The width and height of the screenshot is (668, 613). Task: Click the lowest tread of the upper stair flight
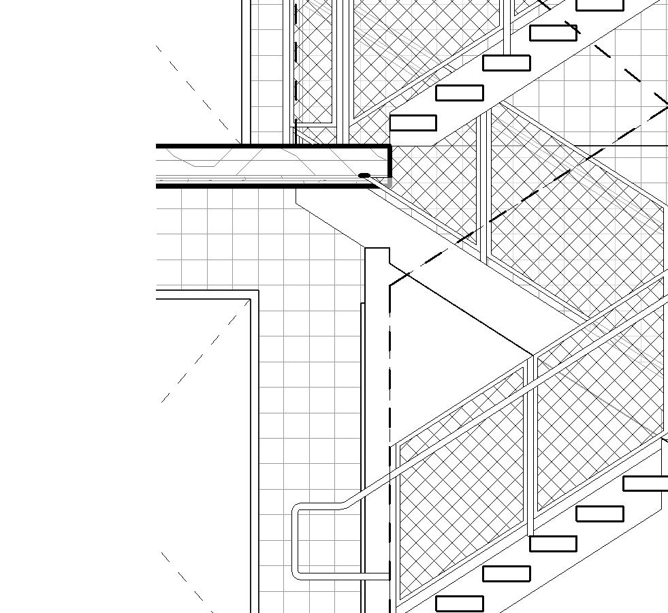pyautogui.click(x=413, y=123)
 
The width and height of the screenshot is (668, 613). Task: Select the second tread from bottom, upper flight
pyautogui.click(x=459, y=93)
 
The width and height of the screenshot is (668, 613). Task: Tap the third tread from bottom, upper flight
pyautogui.click(x=506, y=63)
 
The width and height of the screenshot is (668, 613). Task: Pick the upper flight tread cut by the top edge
pyautogui.click(x=599, y=5)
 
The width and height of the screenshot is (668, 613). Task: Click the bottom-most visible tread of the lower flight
pyautogui.click(x=459, y=603)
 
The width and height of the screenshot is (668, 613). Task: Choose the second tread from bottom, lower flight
pyautogui.click(x=506, y=573)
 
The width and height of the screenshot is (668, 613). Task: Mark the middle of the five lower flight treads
pyautogui.click(x=553, y=544)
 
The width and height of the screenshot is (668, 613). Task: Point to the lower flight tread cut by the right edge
pyautogui.click(x=646, y=484)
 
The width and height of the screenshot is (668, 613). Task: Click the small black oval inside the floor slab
pyautogui.click(x=364, y=176)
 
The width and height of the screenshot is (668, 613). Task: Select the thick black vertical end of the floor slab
pyautogui.click(x=389, y=161)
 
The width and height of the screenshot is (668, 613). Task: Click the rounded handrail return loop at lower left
pyautogui.click(x=298, y=541)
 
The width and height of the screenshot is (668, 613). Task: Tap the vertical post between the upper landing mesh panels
pyautogui.click(x=484, y=184)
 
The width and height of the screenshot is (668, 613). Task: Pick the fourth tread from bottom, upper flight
pyautogui.click(x=553, y=33)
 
